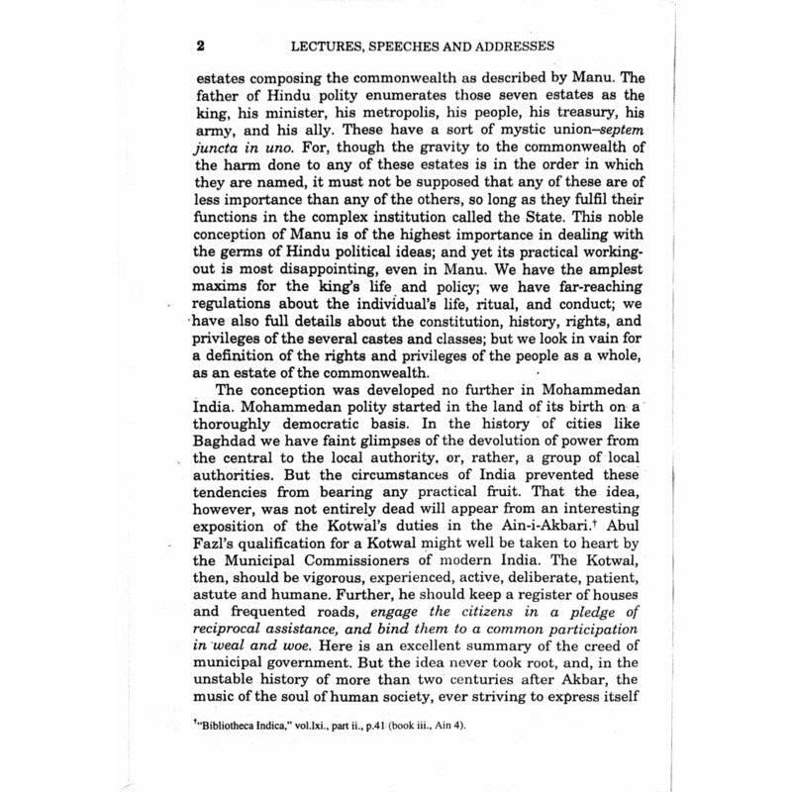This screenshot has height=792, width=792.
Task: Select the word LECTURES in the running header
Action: pos(326,47)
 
